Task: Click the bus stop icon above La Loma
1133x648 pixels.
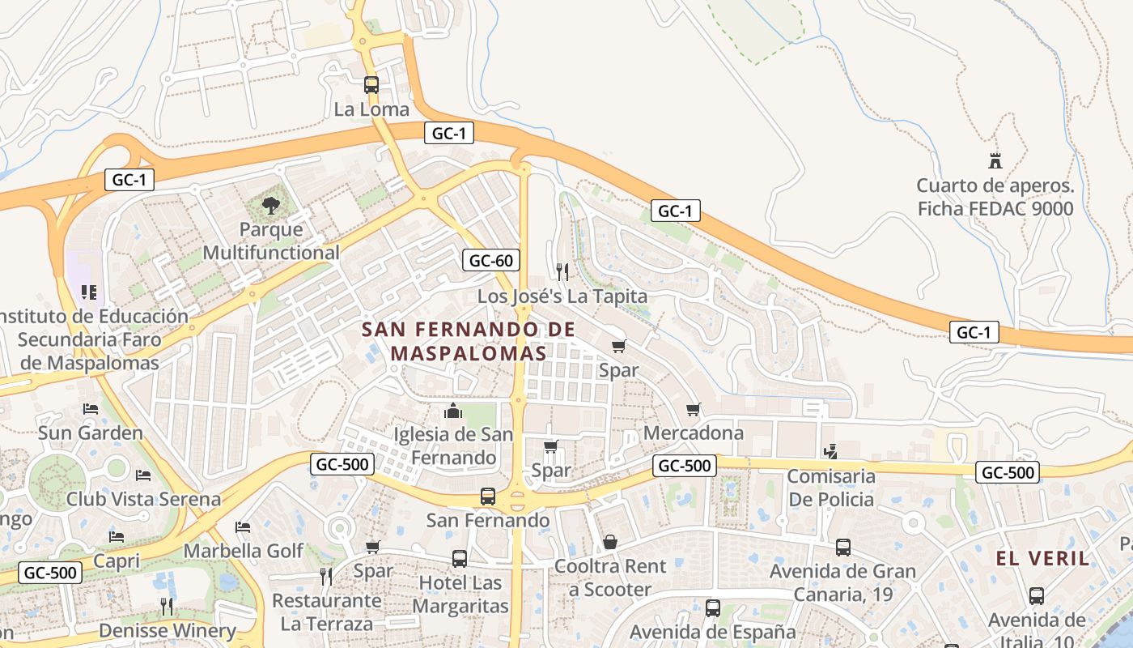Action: tap(371, 84)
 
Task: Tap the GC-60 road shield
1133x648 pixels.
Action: tap(491, 260)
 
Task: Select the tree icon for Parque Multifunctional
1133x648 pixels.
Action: tap(271, 206)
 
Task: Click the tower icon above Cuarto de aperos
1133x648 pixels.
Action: tap(995, 160)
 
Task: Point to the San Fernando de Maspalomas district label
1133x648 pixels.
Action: tap(468, 341)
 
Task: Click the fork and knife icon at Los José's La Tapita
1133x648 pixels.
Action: tap(562, 271)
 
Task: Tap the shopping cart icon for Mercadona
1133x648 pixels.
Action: tap(693, 409)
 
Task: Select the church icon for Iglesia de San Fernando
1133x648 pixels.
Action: tap(453, 411)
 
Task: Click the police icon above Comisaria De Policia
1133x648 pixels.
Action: tap(830, 451)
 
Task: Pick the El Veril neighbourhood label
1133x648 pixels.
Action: tap(1042, 558)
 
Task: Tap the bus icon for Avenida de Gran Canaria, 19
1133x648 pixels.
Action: tap(843, 548)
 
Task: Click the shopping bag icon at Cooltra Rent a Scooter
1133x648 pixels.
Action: tap(610, 541)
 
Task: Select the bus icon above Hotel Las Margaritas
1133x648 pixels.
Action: tap(460, 558)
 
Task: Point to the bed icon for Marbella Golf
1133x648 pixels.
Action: tap(243, 527)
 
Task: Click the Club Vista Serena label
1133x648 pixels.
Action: tap(143, 498)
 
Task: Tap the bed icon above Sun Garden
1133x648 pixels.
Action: tap(91, 408)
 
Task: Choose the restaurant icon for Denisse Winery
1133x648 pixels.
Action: tap(167, 606)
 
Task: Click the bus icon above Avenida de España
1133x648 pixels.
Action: tap(713, 607)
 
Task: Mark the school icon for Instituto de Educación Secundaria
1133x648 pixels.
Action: tap(89, 292)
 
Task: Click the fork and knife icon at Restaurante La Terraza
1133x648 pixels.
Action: tap(326, 576)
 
